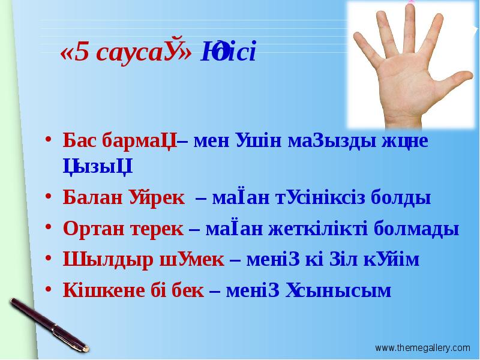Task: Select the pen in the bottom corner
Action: (48, 324)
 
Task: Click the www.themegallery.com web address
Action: (423, 347)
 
